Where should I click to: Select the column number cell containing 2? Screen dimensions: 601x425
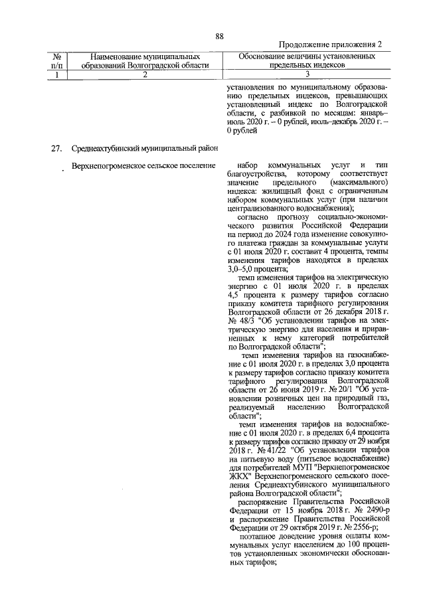[144, 75]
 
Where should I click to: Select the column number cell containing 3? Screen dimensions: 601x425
[307, 75]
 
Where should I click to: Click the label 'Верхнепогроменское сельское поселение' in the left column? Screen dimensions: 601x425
[143, 165]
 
